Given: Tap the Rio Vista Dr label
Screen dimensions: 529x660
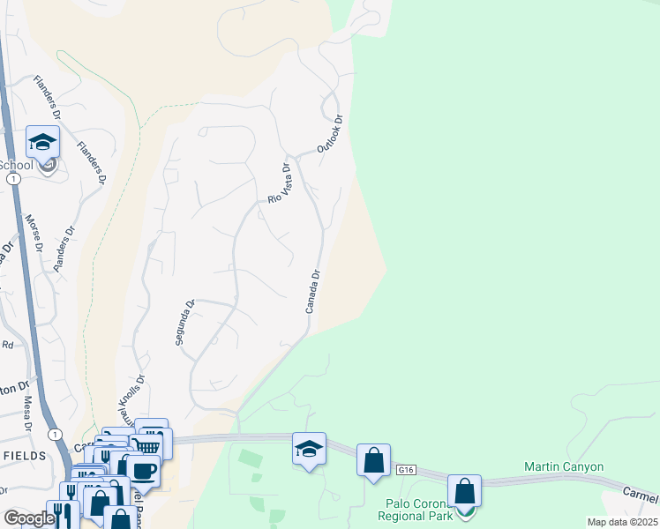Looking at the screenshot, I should [279, 183].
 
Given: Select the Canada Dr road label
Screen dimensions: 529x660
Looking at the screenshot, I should [311, 292].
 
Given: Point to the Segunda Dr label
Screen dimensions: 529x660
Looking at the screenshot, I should [184, 322].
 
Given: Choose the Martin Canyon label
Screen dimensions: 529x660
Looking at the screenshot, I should [564, 466].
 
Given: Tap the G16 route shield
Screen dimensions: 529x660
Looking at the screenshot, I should [406, 471].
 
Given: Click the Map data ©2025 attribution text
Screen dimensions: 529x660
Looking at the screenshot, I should [621, 522].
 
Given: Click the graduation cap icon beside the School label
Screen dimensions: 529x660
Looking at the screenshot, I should [42, 143].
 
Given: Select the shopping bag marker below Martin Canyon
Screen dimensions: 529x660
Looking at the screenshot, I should [464, 492].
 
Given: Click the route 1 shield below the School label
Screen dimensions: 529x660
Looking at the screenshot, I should [12, 178].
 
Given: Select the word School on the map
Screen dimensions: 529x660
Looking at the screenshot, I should [15, 165].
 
